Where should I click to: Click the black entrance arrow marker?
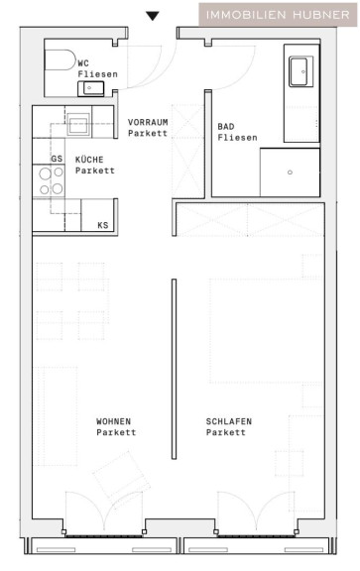[153, 16]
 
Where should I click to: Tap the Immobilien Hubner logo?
[278, 15]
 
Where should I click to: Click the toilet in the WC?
[60, 59]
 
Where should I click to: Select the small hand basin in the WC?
[90, 88]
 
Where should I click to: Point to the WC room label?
[83, 63]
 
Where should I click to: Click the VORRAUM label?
[148, 122]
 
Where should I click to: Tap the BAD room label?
[226, 127]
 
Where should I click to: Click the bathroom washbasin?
[300, 71]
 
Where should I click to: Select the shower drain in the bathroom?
[290, 172]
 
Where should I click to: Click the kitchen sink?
[78, 124]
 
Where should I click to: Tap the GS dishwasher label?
[57, 159]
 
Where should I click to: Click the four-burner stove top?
[49, 181]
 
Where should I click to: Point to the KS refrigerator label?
[103, 225]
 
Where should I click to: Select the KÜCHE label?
[89, 160]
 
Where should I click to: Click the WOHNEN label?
[113, 421]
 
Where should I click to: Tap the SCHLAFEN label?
[229, 421]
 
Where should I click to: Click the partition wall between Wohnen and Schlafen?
[175, 369]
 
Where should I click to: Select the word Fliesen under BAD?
[237, 138]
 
